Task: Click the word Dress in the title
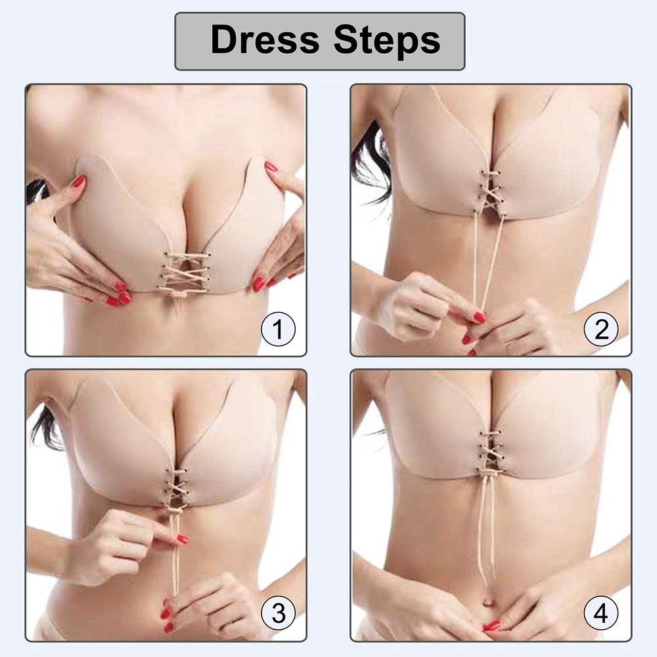[265, 39]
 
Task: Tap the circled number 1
[278, 329]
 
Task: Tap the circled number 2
[601, 329]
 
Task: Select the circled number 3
[278, 614]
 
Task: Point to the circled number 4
[601, 614]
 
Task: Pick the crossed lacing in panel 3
[176, 489]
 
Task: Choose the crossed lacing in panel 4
[490, 453]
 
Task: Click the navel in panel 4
[489, 602]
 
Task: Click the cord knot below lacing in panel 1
[179, 296]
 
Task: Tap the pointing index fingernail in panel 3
[183, 539]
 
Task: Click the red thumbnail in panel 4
[491, 626]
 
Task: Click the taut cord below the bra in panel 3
[175, 553]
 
